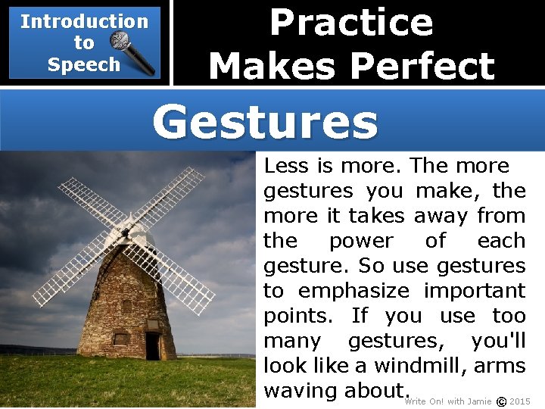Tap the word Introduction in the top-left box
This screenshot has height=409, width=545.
coord(84,21)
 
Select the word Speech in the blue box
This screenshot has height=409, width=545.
coord(83,64)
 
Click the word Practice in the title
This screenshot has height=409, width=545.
coord(351,22)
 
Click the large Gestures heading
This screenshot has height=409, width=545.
coord(265,121)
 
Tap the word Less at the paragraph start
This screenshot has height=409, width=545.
coord(286,166)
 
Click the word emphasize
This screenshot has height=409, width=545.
coord(353,291)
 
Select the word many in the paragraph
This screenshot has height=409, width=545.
coord(292,341)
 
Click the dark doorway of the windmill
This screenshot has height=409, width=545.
coord(153,346)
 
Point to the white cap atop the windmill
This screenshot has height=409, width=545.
coord(142,236)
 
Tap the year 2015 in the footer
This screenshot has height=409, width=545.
coord(520,401)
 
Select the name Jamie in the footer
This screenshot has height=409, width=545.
coord(480,401)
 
